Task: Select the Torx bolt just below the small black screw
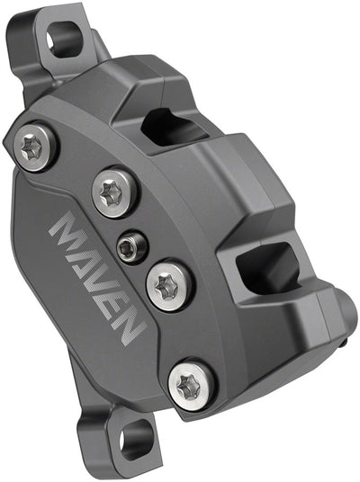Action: tap(166, 285)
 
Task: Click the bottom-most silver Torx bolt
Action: tap(191, 385)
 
